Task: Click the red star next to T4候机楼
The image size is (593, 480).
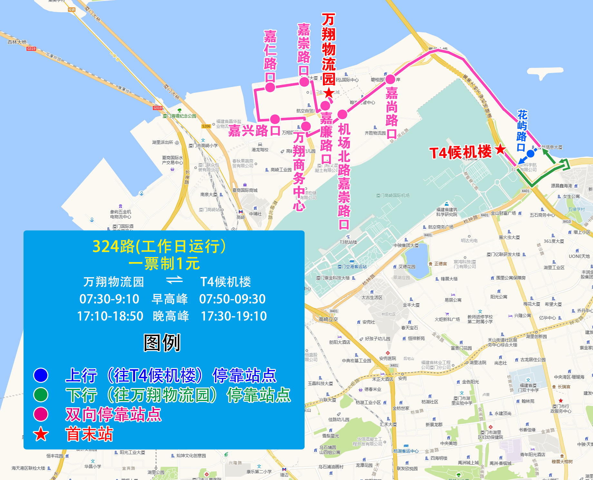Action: [x=501, y=149]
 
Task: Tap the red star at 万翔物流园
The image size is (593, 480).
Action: [x=328, y=93]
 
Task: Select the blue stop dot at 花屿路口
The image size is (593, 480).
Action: [x=530, y=154]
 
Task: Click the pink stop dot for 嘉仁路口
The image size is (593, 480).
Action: [x=270, y=87]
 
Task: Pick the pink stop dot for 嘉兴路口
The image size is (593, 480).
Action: [x=275, y=119]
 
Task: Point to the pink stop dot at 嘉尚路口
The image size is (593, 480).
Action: [x=390, y=79]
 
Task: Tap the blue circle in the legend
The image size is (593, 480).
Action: [x=41, y=375]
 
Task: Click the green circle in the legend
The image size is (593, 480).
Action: [x=41, y=395]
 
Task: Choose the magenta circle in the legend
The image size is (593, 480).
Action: [x=41, y=414]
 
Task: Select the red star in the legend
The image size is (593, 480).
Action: [x=41, y=434]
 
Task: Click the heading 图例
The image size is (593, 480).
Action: [x=162, y=343]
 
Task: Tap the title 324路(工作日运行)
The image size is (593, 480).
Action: [x=159, y=247]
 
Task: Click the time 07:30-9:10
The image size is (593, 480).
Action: [x=109, y=299]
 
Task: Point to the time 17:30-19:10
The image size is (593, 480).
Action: [x=234, y=316]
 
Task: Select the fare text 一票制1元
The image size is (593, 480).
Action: [x=164, y=264]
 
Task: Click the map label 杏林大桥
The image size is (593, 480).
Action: [x=17, y=42]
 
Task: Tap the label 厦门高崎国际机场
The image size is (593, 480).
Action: [x=393, y=195]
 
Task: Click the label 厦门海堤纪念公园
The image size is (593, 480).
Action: [x=180, y=116]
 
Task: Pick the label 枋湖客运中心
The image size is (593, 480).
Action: [x=406, y=451]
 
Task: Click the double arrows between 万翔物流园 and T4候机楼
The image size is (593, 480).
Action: [x=174, y=281]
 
